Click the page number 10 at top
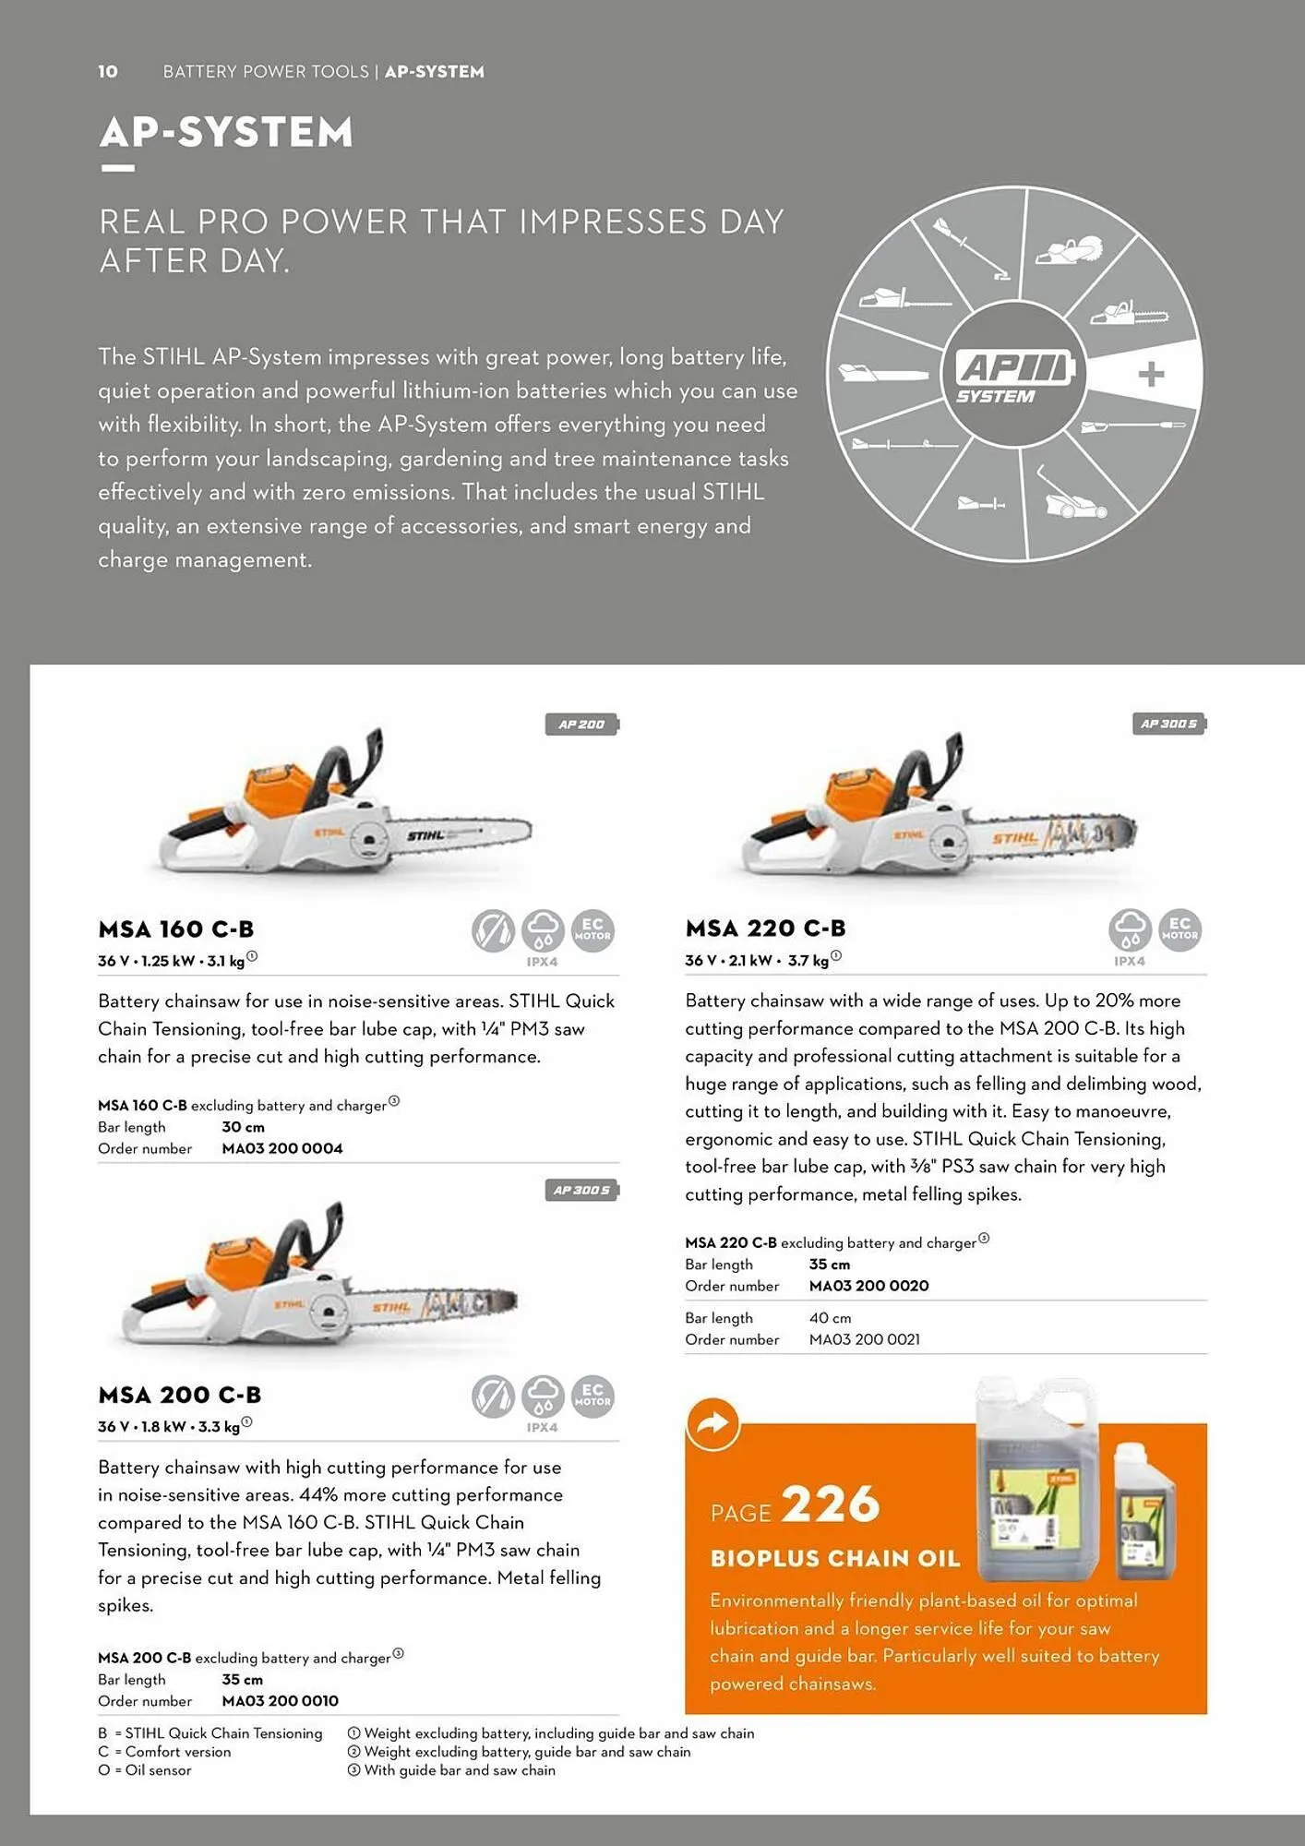point(108,71)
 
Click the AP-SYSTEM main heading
point(226,132)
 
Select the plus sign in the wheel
point(1151,375)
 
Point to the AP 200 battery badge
point(581,725)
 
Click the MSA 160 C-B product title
point(175,929)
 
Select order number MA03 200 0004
point(282,1148)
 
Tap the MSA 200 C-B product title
point(180,1395)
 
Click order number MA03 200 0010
point(281,1700)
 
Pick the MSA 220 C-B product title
point(765,928)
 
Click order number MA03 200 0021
point(865,1339)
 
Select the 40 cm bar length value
point(830,1318)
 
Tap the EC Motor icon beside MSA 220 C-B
point(1179,929)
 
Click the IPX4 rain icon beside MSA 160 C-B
point(543,930)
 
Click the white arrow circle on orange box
point(712,1424)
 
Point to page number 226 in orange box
point(831,1505)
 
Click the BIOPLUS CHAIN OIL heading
point(835,1559)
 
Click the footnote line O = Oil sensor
point(145,1770)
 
